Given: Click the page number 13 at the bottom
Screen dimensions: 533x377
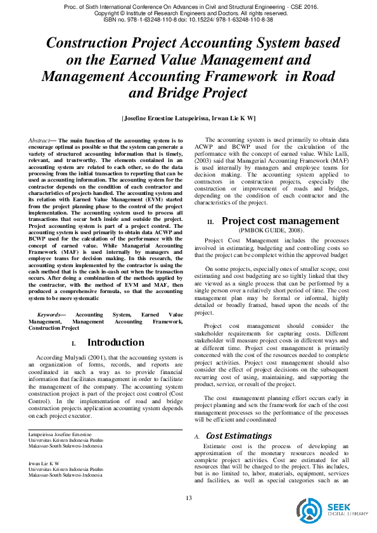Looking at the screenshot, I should (188, 498).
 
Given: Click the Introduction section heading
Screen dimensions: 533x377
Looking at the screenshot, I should (115, 342).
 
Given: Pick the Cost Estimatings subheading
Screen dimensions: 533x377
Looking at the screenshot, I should (239, 436).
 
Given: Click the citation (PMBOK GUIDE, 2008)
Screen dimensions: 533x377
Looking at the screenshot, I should (271, 230).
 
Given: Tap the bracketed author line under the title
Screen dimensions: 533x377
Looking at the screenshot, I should (188, 118).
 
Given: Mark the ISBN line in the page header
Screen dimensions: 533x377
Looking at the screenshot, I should (188, 20).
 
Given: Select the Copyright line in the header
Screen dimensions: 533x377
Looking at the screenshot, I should (188, 13).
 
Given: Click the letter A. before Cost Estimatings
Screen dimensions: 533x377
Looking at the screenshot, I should (197, 437).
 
